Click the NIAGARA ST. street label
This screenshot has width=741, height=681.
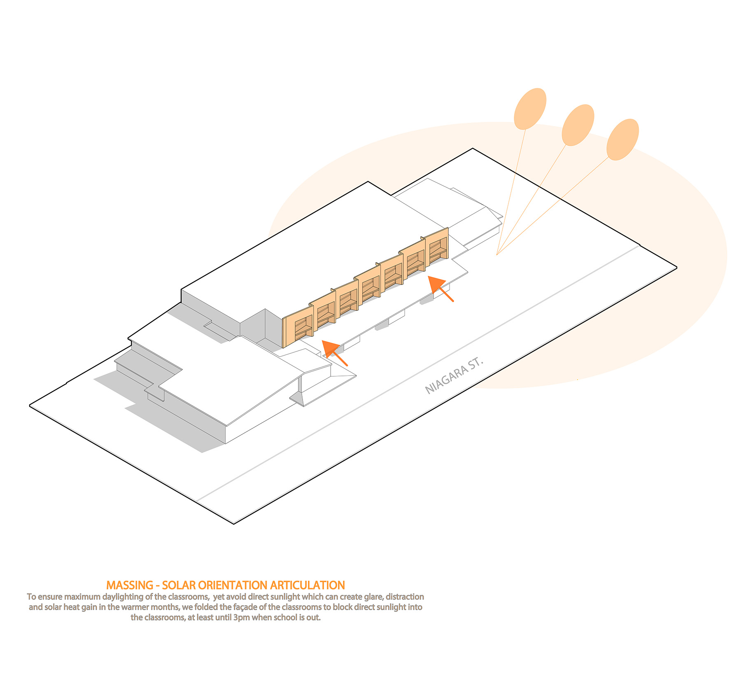point(454,375)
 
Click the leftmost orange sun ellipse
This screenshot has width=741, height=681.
point(530,109)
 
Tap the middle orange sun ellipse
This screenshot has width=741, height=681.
point(578,125)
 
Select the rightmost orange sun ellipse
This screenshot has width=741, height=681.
point(623,140)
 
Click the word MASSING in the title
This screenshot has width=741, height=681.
point(130,585)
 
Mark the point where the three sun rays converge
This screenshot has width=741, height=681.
point(497,255)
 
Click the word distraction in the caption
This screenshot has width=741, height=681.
point(405,597)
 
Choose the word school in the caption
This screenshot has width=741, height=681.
point(285,618)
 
